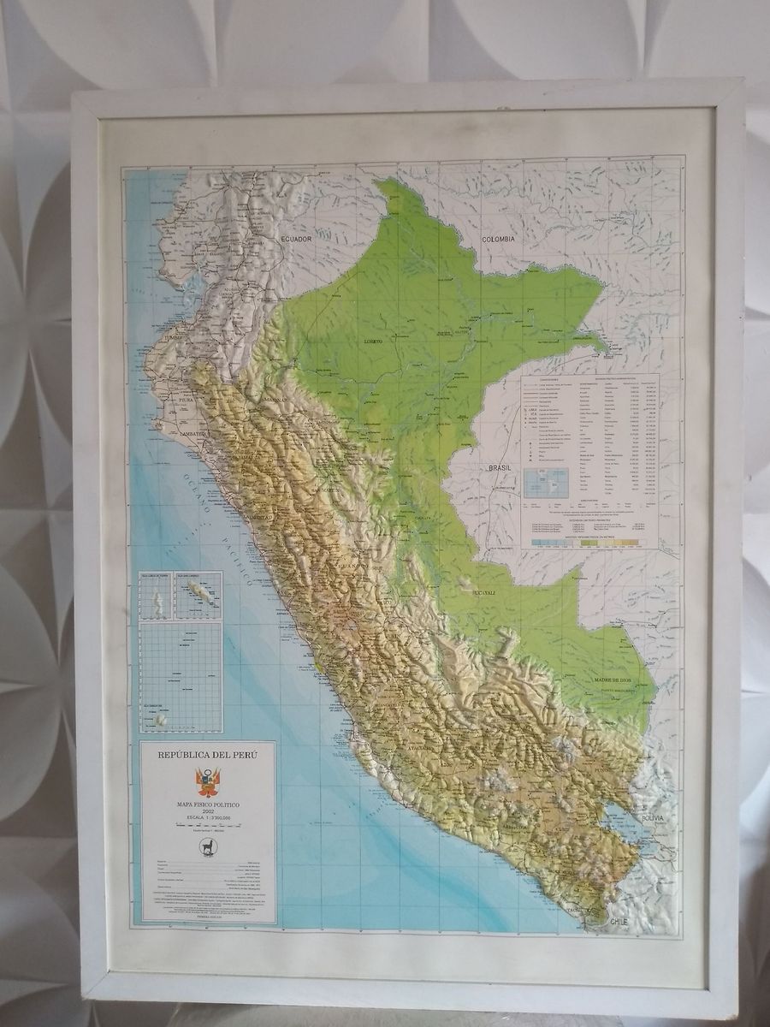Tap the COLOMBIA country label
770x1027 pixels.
click(497, 239)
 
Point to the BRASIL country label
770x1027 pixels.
click(498, 468)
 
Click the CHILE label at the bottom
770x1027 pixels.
click(620, 922)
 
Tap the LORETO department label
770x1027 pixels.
click(374, 341)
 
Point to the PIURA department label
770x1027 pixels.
click(187, 399)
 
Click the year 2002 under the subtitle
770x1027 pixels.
click(208, 813)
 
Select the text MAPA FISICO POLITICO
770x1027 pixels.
click(208, 805)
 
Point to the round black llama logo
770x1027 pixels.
click(208, 845)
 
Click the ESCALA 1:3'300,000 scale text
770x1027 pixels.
click(208, 821)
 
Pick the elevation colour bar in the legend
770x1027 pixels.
click(590, 543)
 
